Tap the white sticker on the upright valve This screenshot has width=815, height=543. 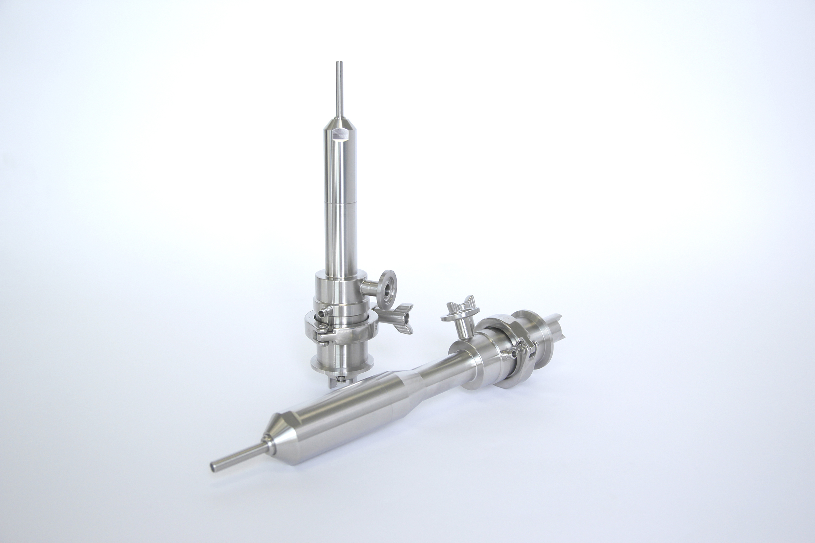340,134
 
